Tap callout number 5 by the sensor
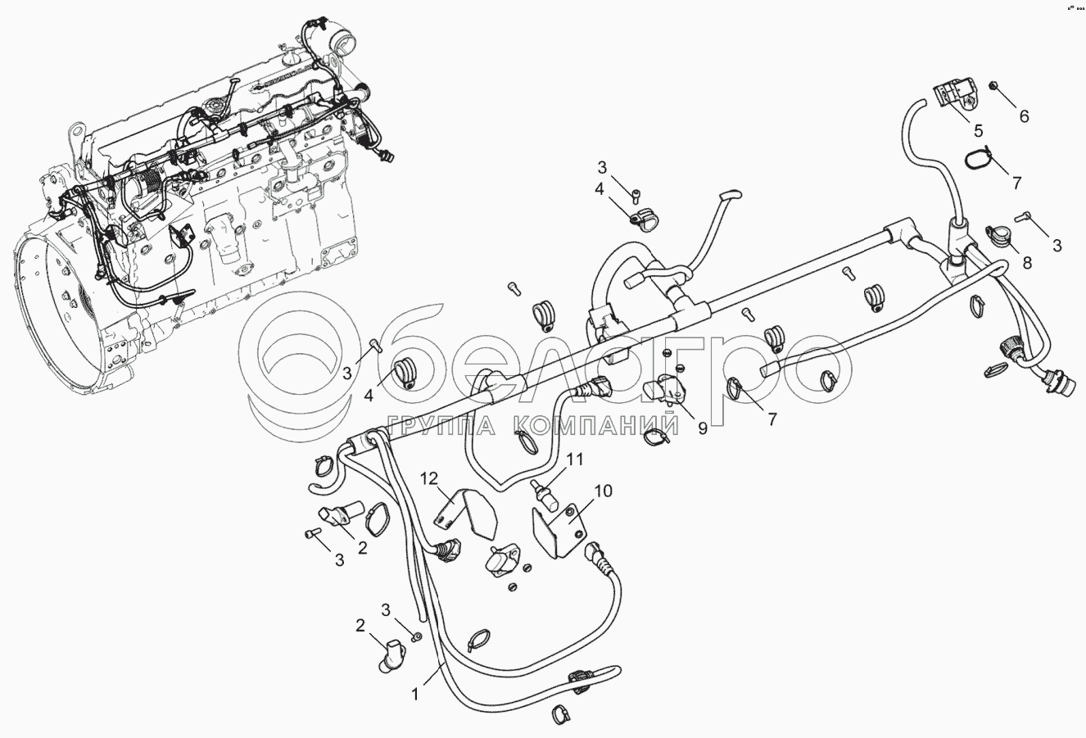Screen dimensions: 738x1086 point(977,130)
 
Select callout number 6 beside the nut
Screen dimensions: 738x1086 point(1023,116)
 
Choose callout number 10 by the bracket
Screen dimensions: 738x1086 point(603,491)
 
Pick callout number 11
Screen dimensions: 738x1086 point(576,460)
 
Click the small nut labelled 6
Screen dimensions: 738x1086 point(993,85)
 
